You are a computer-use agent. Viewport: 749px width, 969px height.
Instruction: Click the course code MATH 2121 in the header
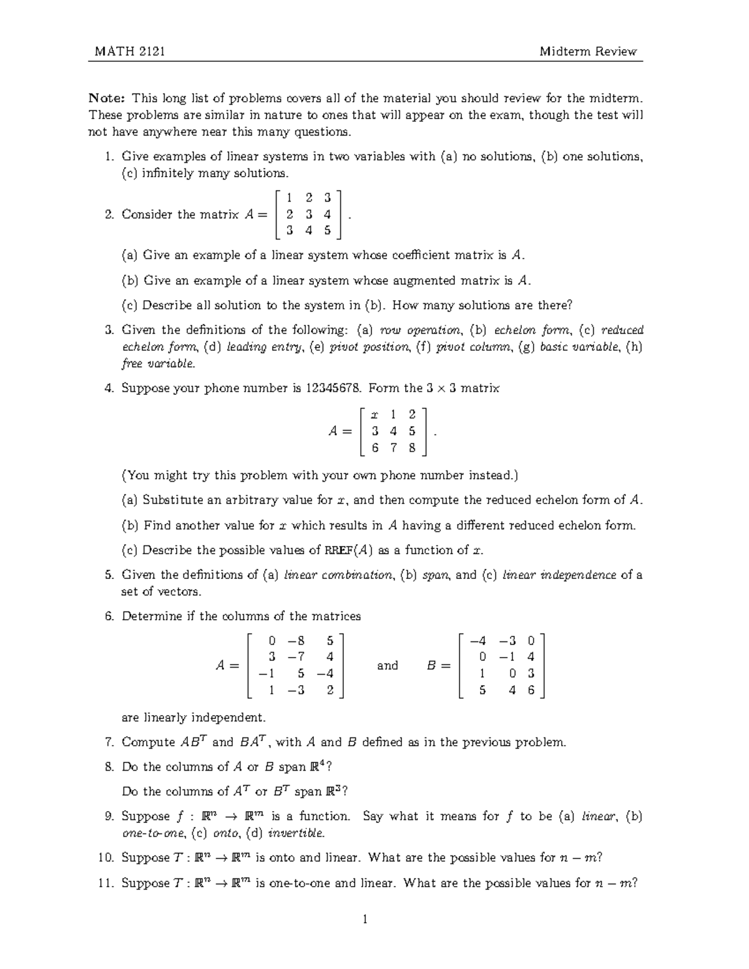click(130, 51)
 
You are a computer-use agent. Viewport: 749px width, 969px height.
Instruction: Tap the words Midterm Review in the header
click(588, 51)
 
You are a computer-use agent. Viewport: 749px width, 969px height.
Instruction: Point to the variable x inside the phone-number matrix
click(374, 414)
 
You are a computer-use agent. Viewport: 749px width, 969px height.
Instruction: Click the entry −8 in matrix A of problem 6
click(296, 640)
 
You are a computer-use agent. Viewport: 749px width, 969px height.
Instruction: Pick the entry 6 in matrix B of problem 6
click(531, 690)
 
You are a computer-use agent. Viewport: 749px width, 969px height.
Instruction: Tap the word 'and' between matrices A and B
click(387, 666)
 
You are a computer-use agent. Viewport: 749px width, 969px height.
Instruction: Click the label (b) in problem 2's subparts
click(130, 281)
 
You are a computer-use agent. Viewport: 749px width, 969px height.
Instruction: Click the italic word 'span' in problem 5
click(436, 575)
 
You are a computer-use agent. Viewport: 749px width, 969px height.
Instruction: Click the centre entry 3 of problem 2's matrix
click(309, 214)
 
